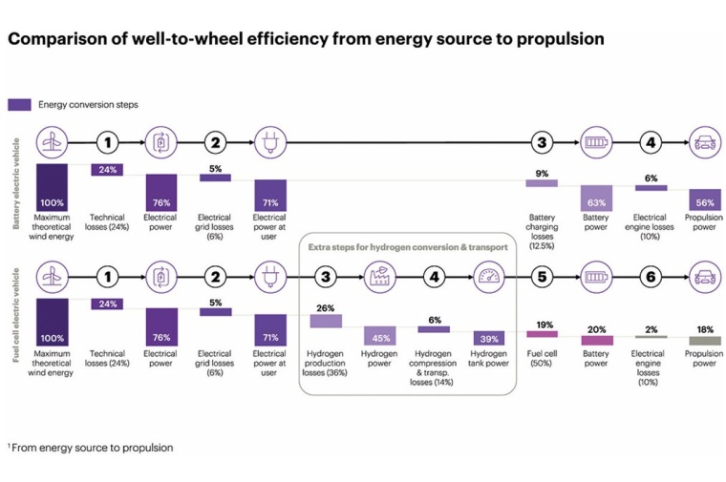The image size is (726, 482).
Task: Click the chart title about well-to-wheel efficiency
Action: pyautogui.click(x=306, y=39)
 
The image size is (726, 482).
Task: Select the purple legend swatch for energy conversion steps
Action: pyautogui.click(x=19, y=104)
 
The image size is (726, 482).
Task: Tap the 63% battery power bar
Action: pyautogui.click(x=596, y=199)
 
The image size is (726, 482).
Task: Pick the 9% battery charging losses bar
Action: pyautogui.click(x=542, y=182)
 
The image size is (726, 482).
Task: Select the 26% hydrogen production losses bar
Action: pyautogui.click(x=325, y=321)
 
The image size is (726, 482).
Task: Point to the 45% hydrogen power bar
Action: pyautogui.click(x=379, y=336)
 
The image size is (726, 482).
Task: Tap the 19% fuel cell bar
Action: pyautogui.click(x=542, y=334)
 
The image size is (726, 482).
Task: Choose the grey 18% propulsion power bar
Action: pyautogui.click(x=705, y=340)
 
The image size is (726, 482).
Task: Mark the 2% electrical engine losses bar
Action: pyautogui.click(x=651, y=336)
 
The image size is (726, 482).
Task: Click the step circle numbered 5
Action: pyautogui.click(x=542, y=278)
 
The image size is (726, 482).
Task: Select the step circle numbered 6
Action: pyautogui.click(x=651, y=278)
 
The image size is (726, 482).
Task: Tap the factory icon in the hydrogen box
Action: pyautogui.click(x=379, y=278)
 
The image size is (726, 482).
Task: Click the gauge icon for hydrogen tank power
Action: pyautogui.click(x=488, y=278)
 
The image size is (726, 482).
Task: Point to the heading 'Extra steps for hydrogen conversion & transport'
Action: pyautogui.click(x=407, y=247)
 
